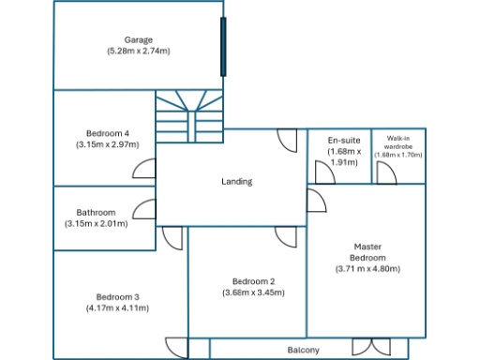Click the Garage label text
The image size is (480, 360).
[x=139, y=40]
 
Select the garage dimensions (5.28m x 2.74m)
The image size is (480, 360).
[x=139, y=51]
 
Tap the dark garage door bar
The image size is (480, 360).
[x=223, y=47]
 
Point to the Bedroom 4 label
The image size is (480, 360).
[x=107, y=133]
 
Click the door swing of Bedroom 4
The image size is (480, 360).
[x=144, y=168]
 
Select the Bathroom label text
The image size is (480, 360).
[x=96, y=212]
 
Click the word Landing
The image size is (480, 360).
[x=236, y=181]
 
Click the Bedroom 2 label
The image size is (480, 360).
[x=253, y=281]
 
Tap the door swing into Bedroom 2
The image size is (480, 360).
[x=286, y=236]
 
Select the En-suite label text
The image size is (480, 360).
[x=342, y=140]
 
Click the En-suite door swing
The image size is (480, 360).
[x=324, y=172]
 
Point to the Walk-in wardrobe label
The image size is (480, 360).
[x=398, y=140]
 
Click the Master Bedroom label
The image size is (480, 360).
[x=367, y=252]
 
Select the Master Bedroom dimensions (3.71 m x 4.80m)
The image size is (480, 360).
[x=367, y=268]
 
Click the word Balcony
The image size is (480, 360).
[x=303, y=350]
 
